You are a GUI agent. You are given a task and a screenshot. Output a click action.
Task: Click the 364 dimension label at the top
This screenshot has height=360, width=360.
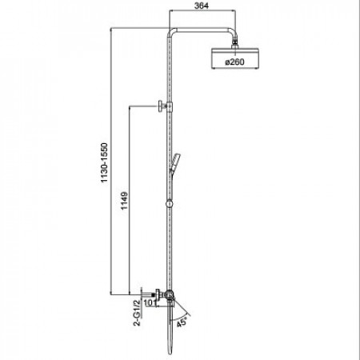click(x=202, y=6)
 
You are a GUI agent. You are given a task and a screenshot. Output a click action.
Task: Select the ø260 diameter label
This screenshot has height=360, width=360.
click(x=234, y=62)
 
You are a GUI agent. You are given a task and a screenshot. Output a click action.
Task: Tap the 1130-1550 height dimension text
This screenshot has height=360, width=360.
click(x=104, y=162)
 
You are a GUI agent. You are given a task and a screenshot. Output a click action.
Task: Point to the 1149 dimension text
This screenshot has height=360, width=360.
click(x=125, y=201)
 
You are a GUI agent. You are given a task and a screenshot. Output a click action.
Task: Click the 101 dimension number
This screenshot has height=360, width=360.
click(x=150, y=302)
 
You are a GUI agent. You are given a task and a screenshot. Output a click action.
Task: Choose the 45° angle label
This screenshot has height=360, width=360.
click(x=182, y=322)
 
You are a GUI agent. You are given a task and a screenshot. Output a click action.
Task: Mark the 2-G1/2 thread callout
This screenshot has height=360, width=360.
click(x=137, y=313)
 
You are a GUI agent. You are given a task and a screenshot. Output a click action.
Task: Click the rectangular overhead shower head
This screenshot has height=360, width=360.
click(x=235, y=58)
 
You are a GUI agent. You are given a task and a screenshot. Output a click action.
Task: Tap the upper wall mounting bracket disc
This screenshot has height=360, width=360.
click(x=161, y=106)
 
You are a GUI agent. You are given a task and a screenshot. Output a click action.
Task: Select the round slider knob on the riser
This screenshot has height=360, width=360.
click(x=169, y=204)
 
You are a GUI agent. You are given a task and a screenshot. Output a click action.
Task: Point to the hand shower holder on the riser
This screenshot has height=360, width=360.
click(x=174, y=162)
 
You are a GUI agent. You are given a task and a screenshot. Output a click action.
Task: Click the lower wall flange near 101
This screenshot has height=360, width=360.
click(x=158, y=295)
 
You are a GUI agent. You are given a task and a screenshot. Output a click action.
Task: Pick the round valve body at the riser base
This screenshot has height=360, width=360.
click(x=169, y=295)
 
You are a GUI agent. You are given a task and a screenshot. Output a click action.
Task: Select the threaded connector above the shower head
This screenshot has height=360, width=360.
click(x=234, y=43)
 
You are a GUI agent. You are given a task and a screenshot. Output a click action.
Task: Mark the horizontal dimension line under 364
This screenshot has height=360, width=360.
click(x=202, y=10)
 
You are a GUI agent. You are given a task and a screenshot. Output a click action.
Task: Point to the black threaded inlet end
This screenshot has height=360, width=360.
click(x=154, y=295)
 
